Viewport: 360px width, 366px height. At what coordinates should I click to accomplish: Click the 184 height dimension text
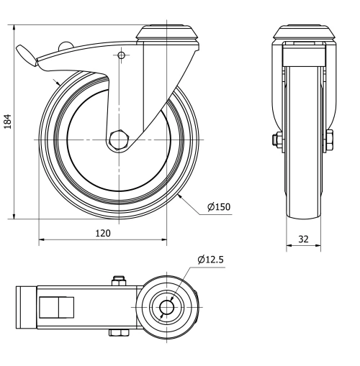pyautogui.click(x=8, y=120)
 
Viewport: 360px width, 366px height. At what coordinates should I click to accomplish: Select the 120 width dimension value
pyautogui.click(x=103, y=232)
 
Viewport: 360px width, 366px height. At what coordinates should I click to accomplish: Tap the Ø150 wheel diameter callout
pyautogui.click(x=218, y=207)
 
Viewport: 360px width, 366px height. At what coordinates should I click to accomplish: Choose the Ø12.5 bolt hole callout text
pyautogui.click(x=211, y=260)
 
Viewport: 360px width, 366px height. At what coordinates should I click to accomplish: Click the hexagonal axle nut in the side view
pyautogui.click(x=120, y=139)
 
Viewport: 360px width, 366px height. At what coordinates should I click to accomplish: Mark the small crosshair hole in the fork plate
pyautogui.click(x=121, y=55)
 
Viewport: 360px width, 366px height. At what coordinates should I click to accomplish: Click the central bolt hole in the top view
pyautogui.click(x=167, y=307)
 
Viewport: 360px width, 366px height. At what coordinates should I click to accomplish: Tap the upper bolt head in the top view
pyautogui.click(x=118, y=280)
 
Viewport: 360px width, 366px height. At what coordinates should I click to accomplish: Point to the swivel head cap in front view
pyautogui.click(x=304, y=32)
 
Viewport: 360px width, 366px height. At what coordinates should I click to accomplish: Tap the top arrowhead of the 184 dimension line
pyautogui.click(x=15, y=26)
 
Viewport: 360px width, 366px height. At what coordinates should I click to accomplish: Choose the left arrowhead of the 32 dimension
pyautogui.click(x=289, y=244)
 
